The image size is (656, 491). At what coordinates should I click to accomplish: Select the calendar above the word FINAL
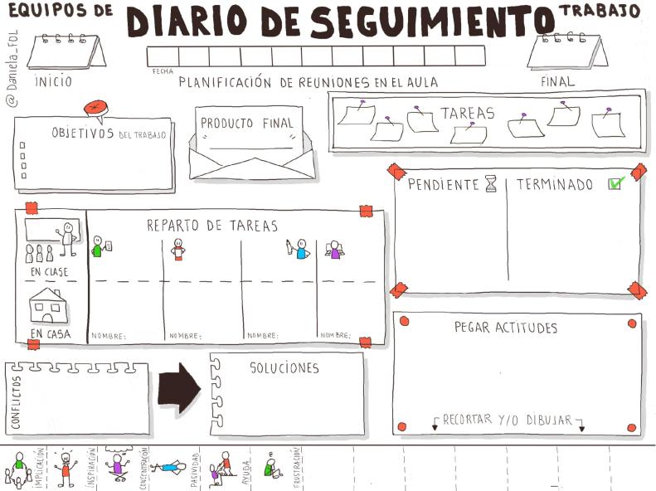click(566, 52)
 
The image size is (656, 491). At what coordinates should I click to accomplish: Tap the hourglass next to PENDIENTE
click(491, 183)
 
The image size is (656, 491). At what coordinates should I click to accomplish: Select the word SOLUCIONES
click(284, 367)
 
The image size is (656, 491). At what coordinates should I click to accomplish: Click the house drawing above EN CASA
click(48, 306)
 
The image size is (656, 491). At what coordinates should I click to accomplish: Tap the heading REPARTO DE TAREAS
click(212, 225)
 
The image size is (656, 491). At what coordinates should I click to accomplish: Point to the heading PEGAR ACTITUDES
click(506, 328)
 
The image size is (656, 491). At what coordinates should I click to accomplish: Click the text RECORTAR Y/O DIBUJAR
click(508, 420)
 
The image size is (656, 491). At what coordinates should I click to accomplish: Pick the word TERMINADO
click(555, 184)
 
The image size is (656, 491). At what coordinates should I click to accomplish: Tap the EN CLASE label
click(50, 271)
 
